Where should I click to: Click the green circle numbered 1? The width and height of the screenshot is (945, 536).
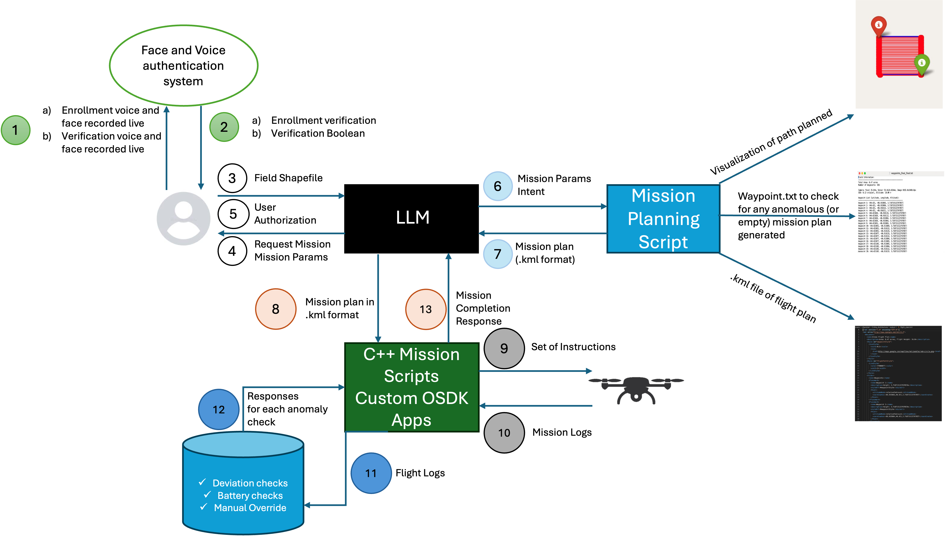(15, 130)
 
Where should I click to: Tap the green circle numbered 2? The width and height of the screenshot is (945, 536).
(224, 127)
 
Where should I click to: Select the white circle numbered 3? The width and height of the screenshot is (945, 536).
(232, 178)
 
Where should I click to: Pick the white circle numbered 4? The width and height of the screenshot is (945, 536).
(232, 251)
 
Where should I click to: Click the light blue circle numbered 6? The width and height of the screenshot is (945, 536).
(498, 186)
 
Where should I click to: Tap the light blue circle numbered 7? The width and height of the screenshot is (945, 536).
(498, 254)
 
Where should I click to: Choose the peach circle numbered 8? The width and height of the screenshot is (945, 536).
(275, 309)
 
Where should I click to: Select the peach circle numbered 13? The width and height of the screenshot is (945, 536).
(425, 309)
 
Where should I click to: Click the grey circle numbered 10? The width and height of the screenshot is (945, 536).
(504, 433)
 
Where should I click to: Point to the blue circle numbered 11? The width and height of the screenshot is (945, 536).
(371, 473)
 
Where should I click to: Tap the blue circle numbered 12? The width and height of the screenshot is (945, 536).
(219, 409)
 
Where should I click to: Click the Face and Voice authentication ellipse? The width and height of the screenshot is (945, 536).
(183, 66)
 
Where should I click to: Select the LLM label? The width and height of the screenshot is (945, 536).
(413, 217)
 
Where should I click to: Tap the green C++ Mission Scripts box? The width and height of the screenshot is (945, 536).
(412, 387)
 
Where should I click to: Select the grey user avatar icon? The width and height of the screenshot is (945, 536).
(183, 219)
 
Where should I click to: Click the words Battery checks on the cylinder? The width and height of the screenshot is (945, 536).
(250, 496)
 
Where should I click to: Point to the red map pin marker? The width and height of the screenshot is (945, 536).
(878, 25)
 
